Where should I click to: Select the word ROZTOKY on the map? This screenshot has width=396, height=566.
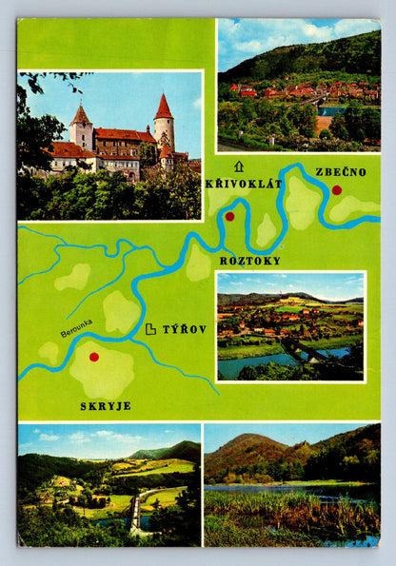250,260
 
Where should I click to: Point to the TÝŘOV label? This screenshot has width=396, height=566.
184,329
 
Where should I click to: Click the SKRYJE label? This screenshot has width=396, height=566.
106,405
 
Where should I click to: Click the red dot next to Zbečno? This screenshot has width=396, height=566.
336,190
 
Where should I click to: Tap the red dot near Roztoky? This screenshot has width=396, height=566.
229,217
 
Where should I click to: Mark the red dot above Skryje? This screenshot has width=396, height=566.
93,357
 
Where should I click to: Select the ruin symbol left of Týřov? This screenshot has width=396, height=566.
150,329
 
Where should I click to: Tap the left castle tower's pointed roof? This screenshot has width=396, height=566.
81,115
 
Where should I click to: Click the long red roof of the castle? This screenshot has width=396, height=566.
124,134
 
